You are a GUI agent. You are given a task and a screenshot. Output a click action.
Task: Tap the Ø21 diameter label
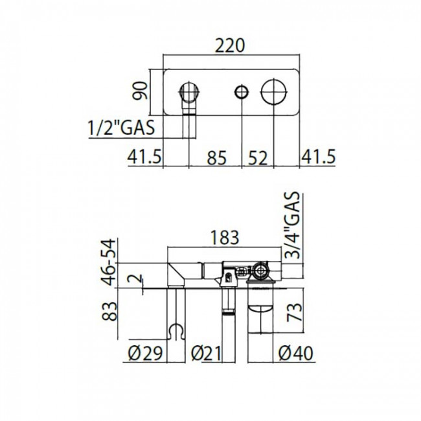point(209,354)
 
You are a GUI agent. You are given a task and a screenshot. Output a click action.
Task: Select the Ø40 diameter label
point(296,354)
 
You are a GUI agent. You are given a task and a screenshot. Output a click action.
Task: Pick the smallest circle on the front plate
point(242,91)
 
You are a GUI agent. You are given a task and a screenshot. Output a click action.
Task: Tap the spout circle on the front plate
point(188,92)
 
